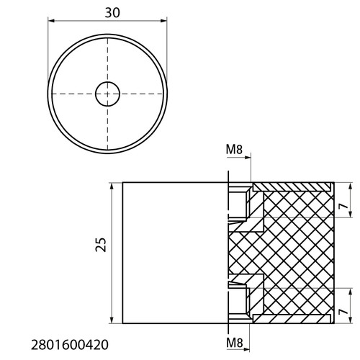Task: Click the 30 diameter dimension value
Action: pyautogui.click(x=112, y=13)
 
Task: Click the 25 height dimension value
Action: pyautogui.click(x=101, y=245)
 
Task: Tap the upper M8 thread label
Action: pyautogui.click(x=234, y=150)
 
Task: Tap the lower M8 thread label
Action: pyautogui.click(x=235, y=343)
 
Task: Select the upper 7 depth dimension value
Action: pyautogui.click(x=343, y=205)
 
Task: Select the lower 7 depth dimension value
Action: pyautogui.click(x=343, y=311)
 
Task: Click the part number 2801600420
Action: pyautogui.click(x=70, y=345)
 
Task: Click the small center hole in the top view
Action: pyautogui.click(x=107, y=94)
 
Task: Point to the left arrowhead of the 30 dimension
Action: pyautogui.click(x=52, y=21)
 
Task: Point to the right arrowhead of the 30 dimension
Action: pyautogui.click(x=163, y=21)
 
